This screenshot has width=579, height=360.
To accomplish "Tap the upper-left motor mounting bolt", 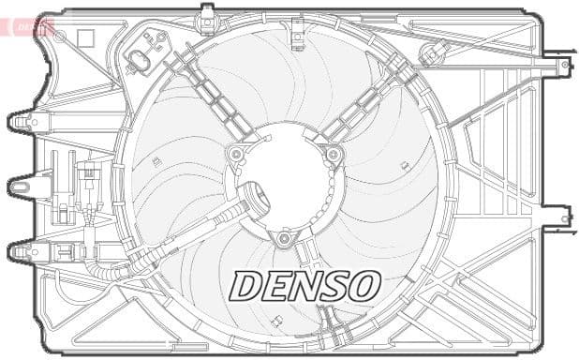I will (x=237, y=153).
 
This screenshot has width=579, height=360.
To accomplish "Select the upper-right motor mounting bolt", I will (x=332, y=154).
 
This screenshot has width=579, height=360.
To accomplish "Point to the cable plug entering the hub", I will (x=251, y=199).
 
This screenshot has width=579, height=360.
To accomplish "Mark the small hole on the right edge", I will (x=565, y=219).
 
